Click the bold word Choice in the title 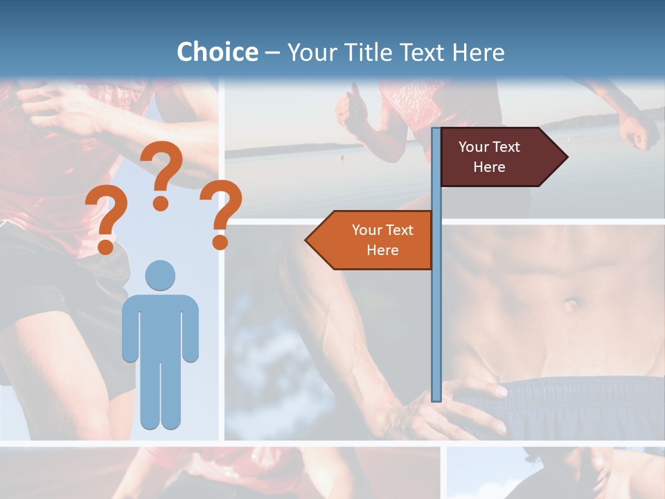pyautogui.click(x=217, y=52)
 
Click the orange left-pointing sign pyautogui.click(x=374, y=240)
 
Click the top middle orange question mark pyautogui.click(x=161, y=173)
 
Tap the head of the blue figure pyautogui.click(x=160, y=275)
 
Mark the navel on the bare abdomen pyautogui.click(x=571, y=304)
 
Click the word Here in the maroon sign pyautogui.click(x=489, y=167)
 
